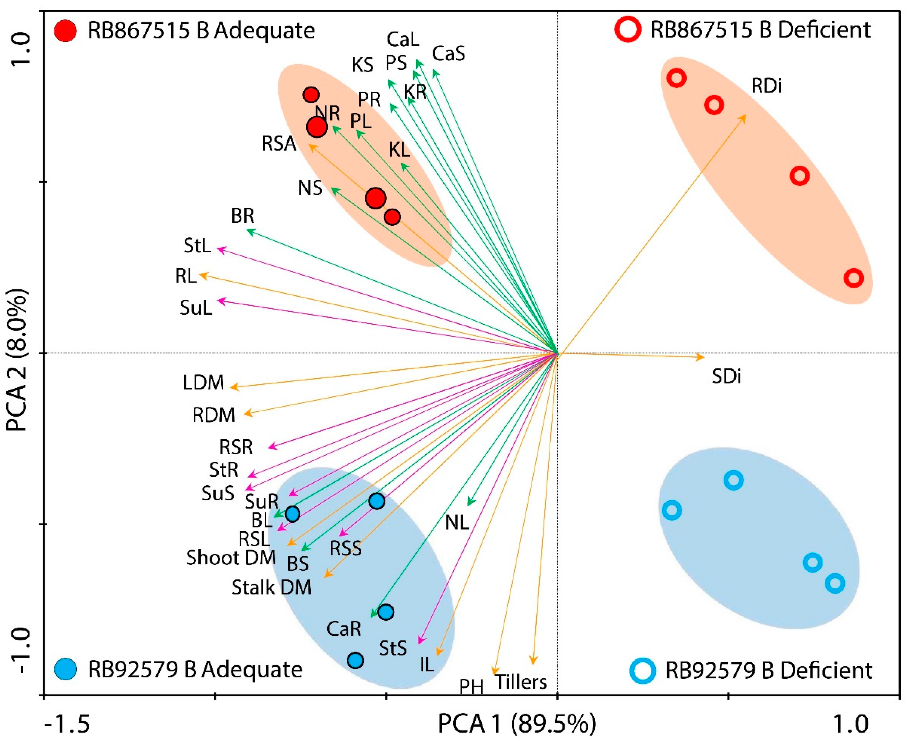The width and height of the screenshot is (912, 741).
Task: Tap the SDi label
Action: (x=726, y=376)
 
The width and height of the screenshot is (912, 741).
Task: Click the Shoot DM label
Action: (x=231, y=558)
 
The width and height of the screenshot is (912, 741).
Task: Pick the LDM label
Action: (x=203, y=383)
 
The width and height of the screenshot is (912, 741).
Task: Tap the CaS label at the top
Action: (x=448, y=54)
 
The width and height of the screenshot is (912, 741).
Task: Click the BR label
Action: (x=242, y=216)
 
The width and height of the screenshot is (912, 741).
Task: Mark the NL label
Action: (x=457, y=522)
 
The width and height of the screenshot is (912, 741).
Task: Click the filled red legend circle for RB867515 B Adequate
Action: (x=66, y=31)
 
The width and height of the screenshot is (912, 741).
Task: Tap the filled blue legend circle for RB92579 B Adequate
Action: (x=66, y=669)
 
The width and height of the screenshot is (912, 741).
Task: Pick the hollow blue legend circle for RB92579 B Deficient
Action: (x=643, y=671)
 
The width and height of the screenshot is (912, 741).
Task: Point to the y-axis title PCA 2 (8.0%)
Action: (x=17, y=359)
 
